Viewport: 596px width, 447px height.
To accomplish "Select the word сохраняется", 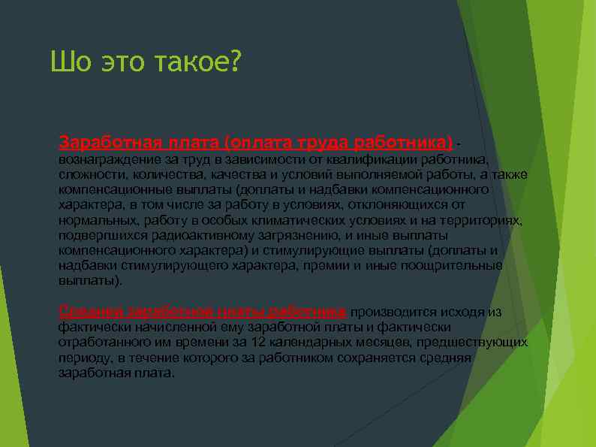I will coord(366,358).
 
